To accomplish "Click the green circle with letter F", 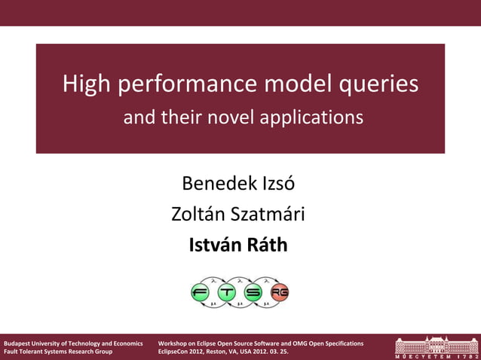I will tap(201, 292).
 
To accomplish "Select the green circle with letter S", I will tap(253, 292).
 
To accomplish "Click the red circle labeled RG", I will tap(280, 292).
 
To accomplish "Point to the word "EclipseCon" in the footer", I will tap(176, 352).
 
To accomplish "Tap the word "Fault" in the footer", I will tap(11, 352).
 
